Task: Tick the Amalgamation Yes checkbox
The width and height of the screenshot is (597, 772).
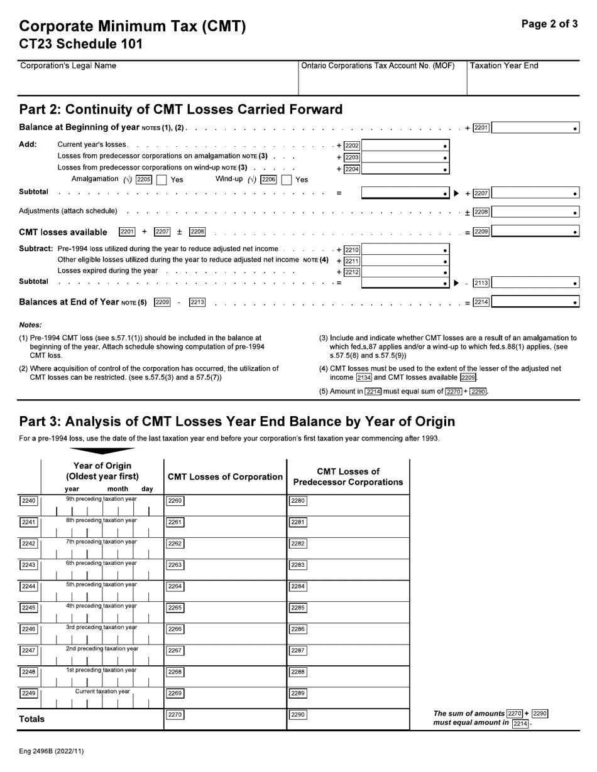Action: point(161,180)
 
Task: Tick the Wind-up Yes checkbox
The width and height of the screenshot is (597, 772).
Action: point(287,180)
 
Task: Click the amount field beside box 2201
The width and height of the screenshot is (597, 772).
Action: point(535,128)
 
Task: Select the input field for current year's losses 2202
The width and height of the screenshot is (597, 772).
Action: point(405,146)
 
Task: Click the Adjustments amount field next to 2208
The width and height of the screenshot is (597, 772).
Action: point(535,212)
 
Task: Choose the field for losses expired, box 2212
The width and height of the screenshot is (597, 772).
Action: point(405,272)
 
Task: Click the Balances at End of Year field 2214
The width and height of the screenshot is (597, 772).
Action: point(535,303)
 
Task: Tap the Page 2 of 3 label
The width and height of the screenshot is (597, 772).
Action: point(549,24)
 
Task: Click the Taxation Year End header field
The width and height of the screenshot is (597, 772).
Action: point(523,78)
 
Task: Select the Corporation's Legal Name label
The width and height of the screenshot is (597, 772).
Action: point(68,66)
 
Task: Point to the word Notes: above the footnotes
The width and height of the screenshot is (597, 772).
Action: point(30,324)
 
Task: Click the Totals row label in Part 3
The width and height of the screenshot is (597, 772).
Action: point(32,719)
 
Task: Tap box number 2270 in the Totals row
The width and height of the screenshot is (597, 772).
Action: point(175,715)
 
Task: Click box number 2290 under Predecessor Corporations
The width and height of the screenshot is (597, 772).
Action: point(298,715)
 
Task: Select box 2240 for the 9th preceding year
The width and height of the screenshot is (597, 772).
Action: point(29,501)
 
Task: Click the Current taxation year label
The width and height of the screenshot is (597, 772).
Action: point(102,691)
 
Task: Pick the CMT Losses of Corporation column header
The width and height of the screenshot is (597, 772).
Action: point(225,477)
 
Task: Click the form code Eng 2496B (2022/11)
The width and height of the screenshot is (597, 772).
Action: point(51,751)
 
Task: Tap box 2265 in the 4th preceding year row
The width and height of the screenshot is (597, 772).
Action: point(175,608)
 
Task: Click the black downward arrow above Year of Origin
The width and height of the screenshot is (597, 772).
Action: point(102,450)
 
